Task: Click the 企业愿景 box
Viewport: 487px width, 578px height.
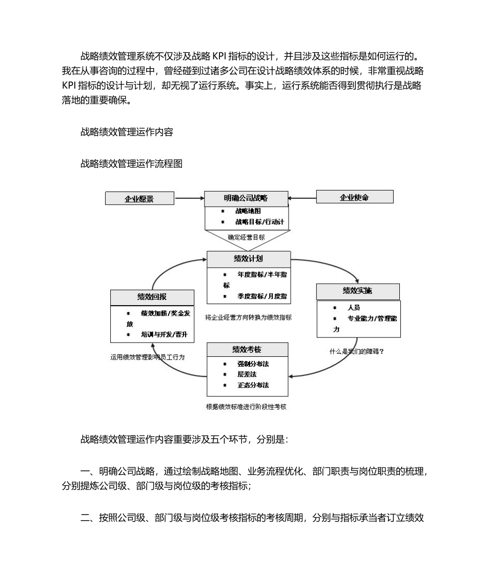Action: click(139, 199)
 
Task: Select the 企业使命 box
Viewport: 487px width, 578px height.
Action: click(355, 197)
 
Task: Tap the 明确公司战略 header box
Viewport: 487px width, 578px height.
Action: click(246, 198)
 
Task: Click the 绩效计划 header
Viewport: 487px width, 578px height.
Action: click(248, 259)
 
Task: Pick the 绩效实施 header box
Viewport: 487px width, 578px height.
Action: click(358, 291)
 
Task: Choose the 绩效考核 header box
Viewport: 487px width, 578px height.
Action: click(247, 350)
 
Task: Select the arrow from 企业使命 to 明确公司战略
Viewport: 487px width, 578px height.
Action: click(302, 198)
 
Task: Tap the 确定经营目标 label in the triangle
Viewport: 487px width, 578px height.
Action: click(247, 237)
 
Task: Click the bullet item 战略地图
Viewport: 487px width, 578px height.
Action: click(249, 211)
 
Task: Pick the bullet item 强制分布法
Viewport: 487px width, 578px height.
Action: click(253, 363)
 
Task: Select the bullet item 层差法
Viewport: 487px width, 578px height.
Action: click(247, 374)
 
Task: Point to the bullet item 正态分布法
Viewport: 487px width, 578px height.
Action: click(253, 385)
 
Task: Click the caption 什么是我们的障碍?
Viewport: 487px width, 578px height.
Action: click(357, 352)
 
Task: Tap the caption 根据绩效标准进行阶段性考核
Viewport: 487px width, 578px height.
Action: click(246, 407)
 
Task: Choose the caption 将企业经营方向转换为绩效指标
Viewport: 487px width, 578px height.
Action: click(248, 317)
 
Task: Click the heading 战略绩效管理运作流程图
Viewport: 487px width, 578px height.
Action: click(131, 164)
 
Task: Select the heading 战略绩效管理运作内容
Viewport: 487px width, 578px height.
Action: click(127, 132)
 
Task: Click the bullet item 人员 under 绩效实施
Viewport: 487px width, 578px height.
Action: click(354, 308)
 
